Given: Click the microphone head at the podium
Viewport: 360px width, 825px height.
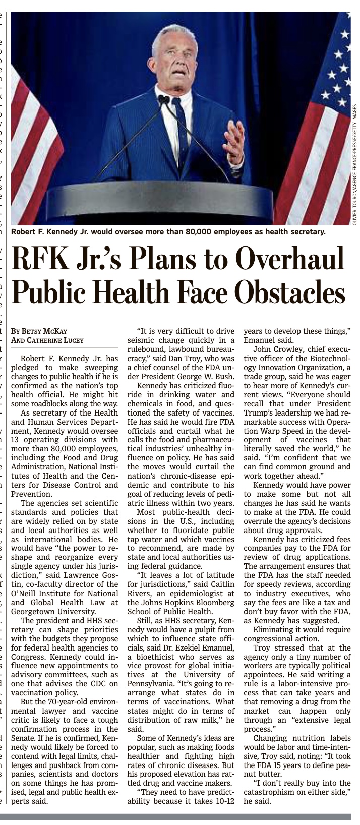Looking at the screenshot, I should click(163, 99).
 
